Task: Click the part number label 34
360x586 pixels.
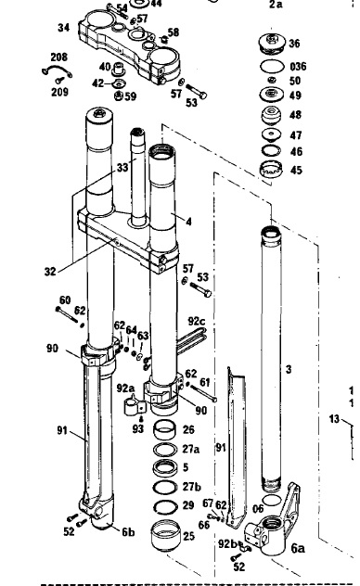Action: point(63,27)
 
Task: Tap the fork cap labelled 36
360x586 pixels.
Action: point(273,42)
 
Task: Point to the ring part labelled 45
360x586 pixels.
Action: point(271,170)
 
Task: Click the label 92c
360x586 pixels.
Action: point(197,321)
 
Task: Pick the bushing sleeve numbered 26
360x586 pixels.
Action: point(165,429)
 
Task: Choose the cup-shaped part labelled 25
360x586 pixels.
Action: point(165,535)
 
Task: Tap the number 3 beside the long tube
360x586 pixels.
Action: point(289,369)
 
